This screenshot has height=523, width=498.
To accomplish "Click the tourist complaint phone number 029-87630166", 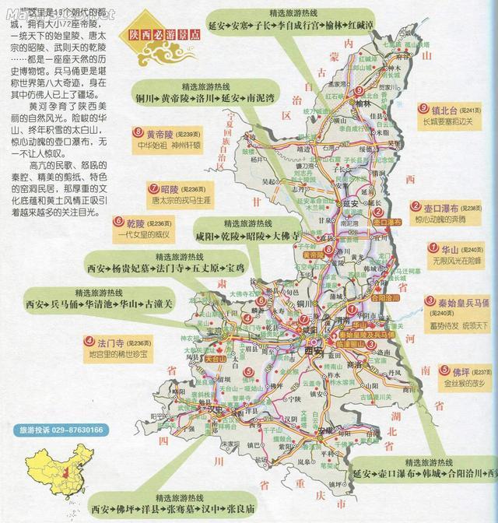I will (x=67, y=430).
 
